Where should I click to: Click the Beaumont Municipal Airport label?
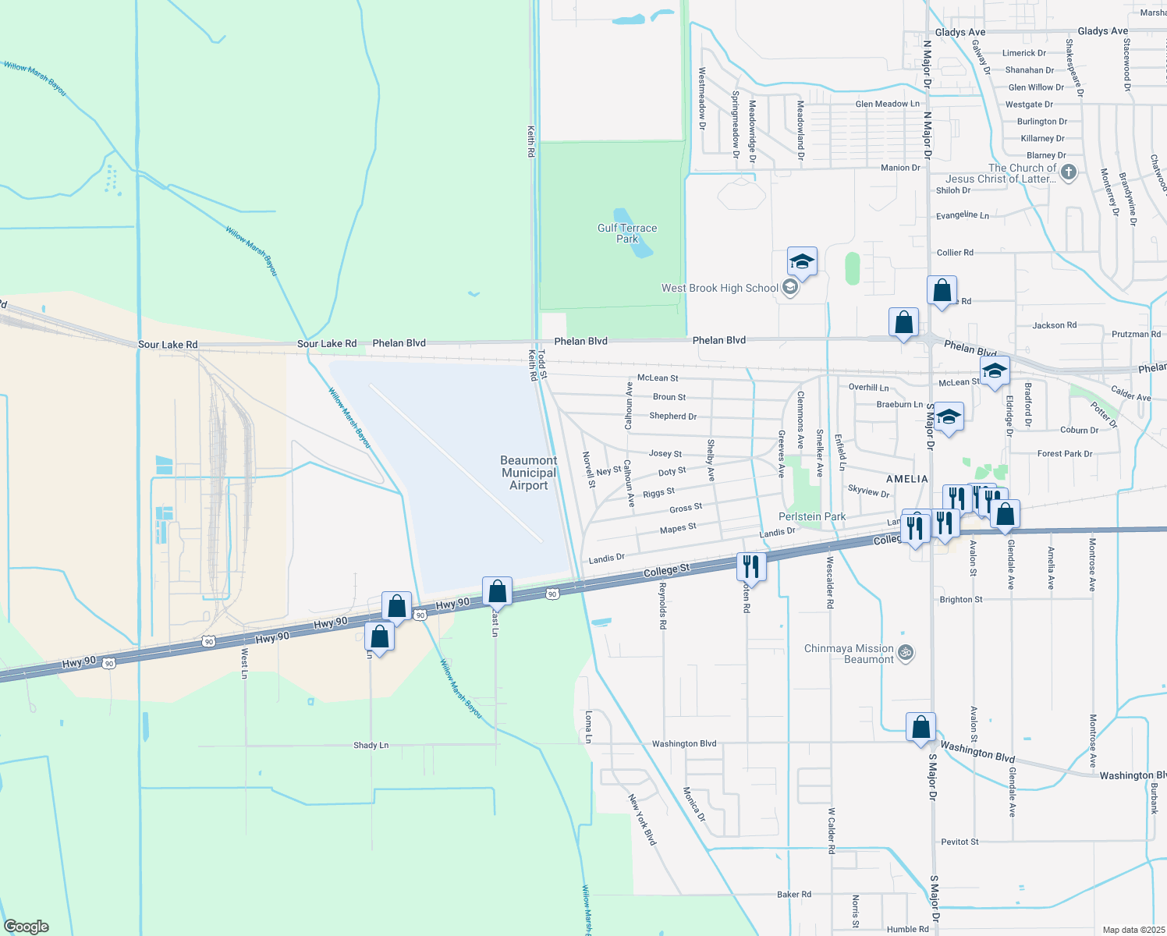click(529, 473)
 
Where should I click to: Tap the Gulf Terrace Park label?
click(627, 233)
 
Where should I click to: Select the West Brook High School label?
click(719, 288)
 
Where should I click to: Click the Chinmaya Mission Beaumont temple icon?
click(906, 653)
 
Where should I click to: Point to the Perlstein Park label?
click(812, 516)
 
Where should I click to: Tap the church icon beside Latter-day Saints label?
click(1069, 172)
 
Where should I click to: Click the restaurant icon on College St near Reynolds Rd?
click(751, 566)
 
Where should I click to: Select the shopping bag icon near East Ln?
click(497, 591)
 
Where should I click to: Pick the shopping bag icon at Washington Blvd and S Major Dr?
click(920, 726)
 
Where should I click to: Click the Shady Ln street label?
click(371, 745)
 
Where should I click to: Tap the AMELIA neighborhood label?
click(907, 479)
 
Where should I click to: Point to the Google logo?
click(27, 926)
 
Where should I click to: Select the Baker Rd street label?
click(794, 894)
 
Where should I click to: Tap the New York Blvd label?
click(642, 819)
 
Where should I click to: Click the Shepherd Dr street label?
click(672, 416)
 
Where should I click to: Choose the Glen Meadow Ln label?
click(887, 104)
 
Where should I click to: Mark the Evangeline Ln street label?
click(963, 215)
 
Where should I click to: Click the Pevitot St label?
click(959, 842)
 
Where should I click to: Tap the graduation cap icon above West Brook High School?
click(802, 261)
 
